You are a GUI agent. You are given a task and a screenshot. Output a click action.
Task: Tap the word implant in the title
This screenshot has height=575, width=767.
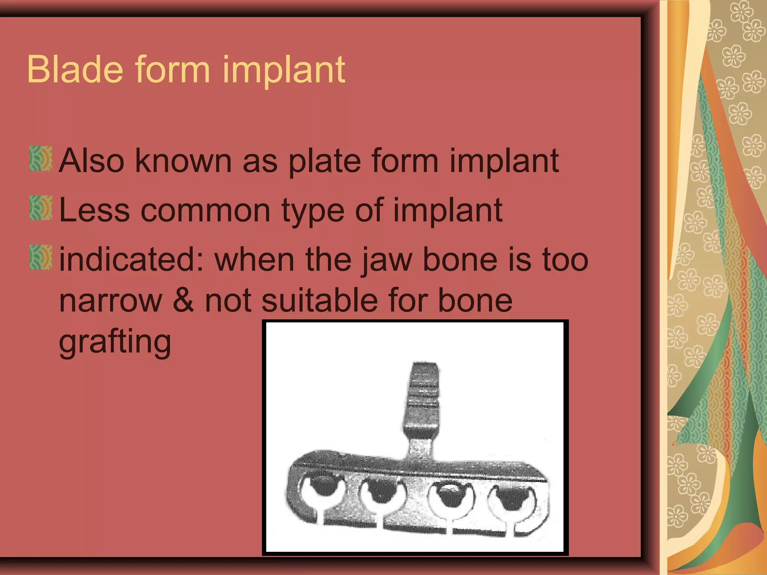click(284, 70)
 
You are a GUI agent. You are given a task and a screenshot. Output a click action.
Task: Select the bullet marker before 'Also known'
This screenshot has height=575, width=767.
click(40, 159)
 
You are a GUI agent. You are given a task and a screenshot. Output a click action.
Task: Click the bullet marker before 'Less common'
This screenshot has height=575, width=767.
click(40, 208)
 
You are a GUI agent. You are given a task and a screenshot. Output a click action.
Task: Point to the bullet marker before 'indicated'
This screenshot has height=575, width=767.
click(40, 258)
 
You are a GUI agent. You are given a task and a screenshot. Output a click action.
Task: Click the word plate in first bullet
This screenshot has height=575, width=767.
click(324, 161)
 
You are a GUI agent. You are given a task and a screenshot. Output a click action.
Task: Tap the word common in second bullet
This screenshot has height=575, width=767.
click(205, 210)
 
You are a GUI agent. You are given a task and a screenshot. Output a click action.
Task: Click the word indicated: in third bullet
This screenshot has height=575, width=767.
click(131, 259)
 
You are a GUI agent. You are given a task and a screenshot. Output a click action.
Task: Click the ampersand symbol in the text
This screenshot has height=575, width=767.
click(183, 301)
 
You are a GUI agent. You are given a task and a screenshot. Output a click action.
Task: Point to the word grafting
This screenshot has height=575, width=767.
click(115, 341)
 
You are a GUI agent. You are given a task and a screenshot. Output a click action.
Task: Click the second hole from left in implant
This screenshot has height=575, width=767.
click(382, 494)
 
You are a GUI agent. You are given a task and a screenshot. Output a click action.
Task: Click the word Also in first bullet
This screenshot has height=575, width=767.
click(91, 161)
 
